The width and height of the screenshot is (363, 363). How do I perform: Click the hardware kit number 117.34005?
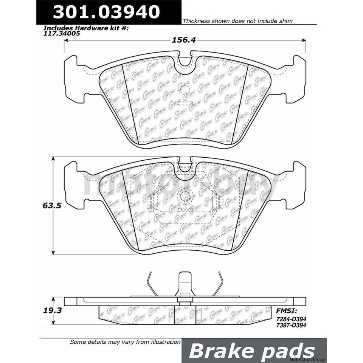point(62,33)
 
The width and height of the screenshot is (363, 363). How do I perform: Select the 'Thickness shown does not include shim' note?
point(237,21)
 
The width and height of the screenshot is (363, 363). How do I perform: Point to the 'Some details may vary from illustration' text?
point(125,342)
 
